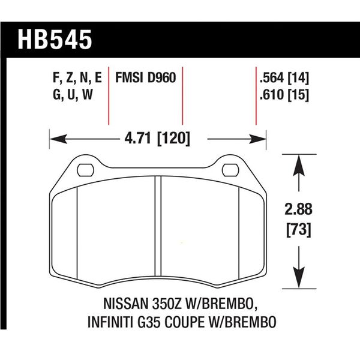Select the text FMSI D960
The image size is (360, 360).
[144, 78]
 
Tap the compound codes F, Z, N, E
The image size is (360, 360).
[75, 78]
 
